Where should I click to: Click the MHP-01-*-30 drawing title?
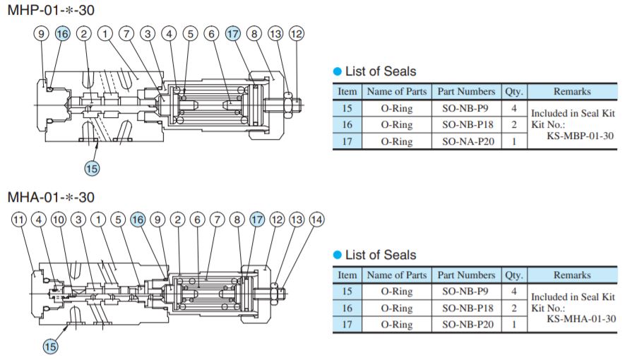[50, 11]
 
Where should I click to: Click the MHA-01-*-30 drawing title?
[50, 198]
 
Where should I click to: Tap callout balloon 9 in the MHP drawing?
[42, 34]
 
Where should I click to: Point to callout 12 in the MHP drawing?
[297, 34]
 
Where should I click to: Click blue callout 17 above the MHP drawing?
[233, 34]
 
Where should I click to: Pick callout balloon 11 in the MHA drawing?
[19, 220]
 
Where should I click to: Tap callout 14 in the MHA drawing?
[317, 220]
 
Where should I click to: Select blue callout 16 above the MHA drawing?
[138, 220]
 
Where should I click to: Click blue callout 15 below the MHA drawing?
[50, 346]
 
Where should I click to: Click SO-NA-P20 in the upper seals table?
[466, 141]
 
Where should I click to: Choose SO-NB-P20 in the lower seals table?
[466, 325]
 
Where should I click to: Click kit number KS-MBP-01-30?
[579, 136]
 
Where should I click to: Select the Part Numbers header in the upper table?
[466, 92]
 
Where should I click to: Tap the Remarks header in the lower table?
[572, 275]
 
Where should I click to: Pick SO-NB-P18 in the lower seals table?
[466, 308]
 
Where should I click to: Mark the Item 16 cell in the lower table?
[347, 308]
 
